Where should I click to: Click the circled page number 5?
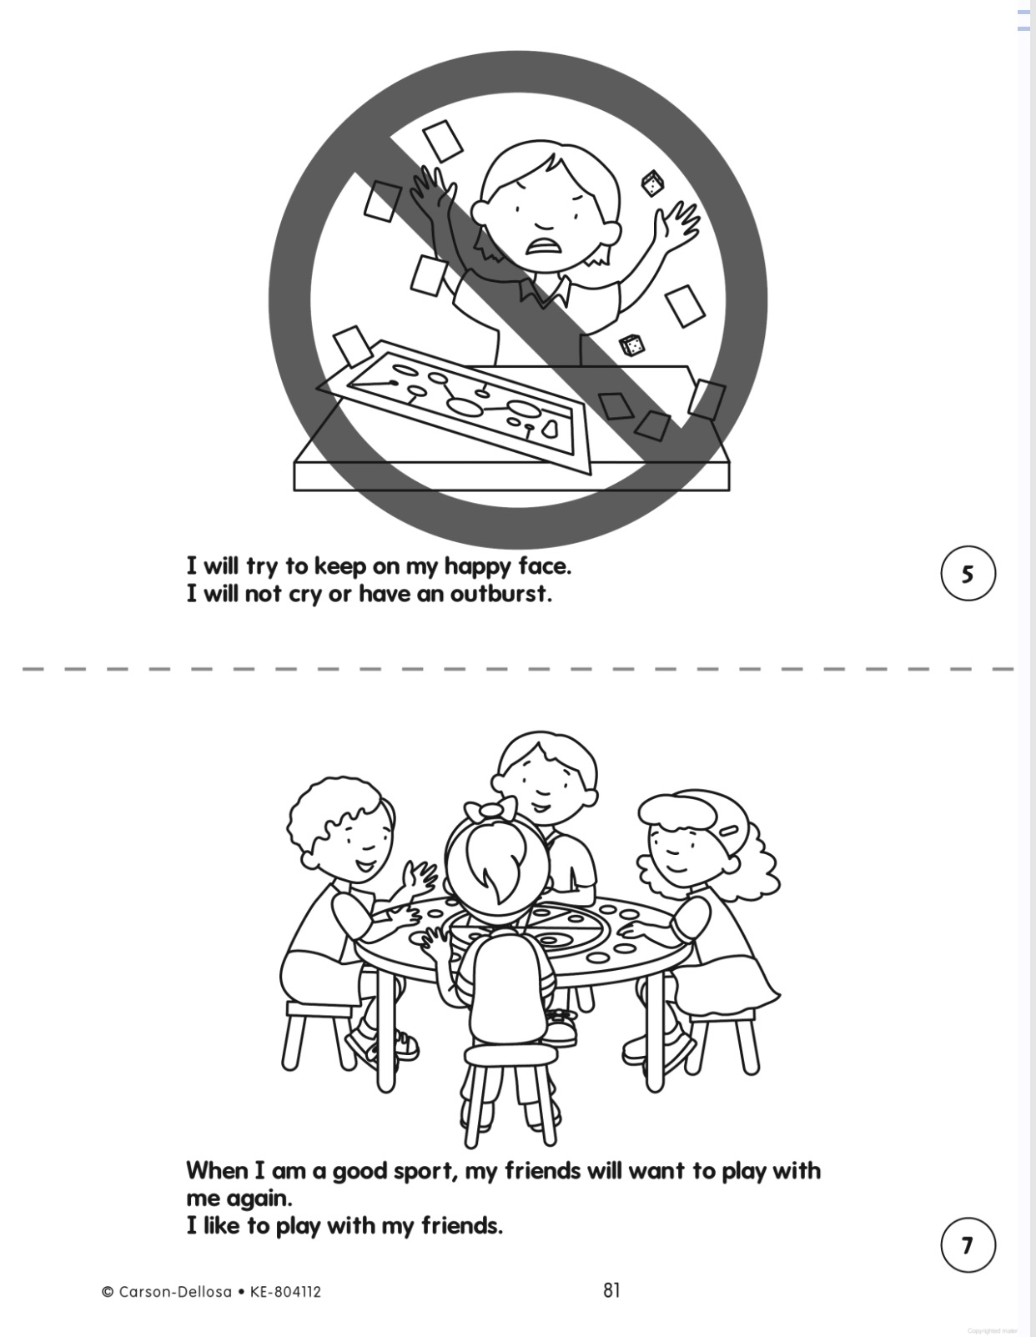(x=968, y=574)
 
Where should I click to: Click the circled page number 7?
(x=968, y=1245)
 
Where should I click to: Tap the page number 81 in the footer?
(x=611, y=1289)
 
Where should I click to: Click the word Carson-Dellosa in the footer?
(x=174, y=1291)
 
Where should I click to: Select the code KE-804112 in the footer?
(x=285, y=1291)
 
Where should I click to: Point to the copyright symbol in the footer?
(x=108, y=1292)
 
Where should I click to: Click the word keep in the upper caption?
(x=340, y=567)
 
